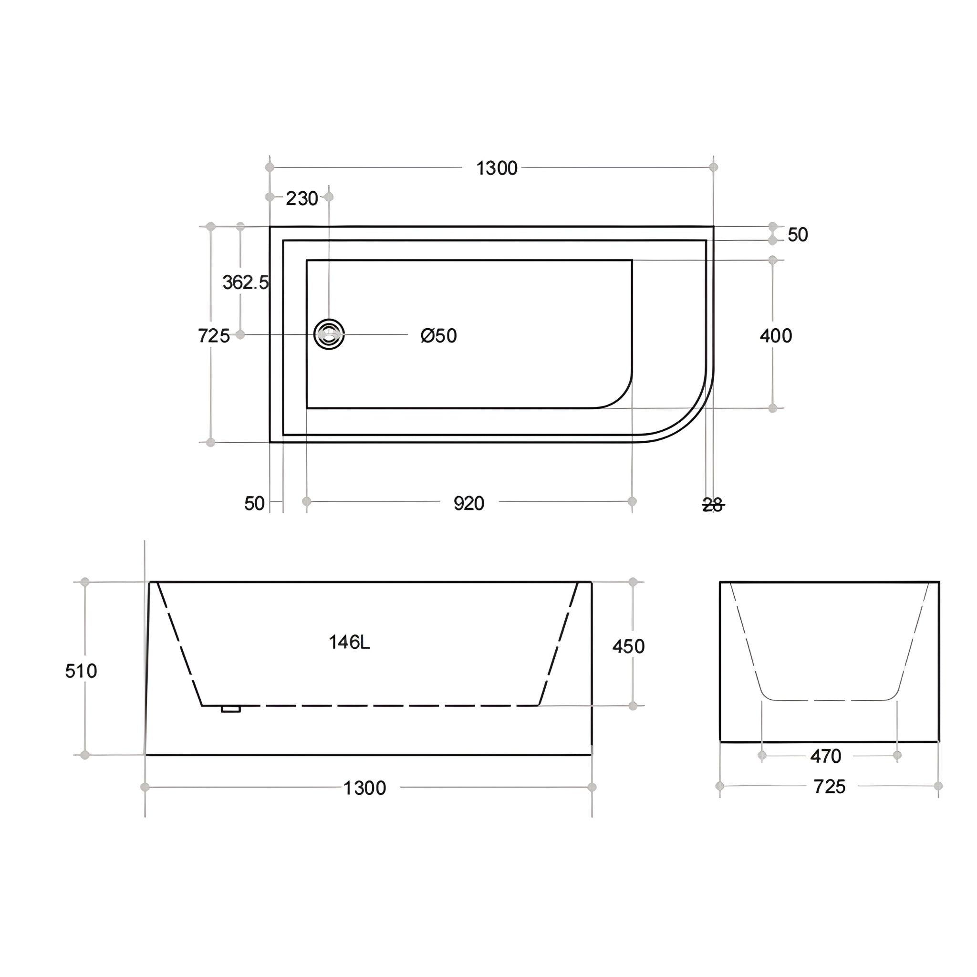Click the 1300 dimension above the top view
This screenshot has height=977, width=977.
point(497,168)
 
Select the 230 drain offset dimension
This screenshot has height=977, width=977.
point(301,199)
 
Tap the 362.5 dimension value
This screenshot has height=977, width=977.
point(245,282)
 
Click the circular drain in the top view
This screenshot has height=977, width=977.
point(329,334)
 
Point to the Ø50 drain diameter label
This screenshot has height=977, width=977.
point(438,336)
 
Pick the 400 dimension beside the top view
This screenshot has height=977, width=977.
point(776,336)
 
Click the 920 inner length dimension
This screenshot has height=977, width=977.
point(469,504)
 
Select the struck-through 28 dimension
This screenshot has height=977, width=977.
point(713,505)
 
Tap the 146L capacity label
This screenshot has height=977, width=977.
point(349,643)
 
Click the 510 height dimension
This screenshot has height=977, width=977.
point(81,671)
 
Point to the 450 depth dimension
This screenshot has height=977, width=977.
point(628,646)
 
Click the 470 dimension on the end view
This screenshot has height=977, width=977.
point(825,756)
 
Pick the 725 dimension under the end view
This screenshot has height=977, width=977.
point(829,786)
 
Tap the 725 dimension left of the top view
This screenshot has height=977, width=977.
point(213,336)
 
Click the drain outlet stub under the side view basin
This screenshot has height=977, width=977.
point(230,709)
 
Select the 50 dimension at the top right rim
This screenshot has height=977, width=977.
point(798,235)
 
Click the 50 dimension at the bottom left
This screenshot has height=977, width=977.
point(254,504)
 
